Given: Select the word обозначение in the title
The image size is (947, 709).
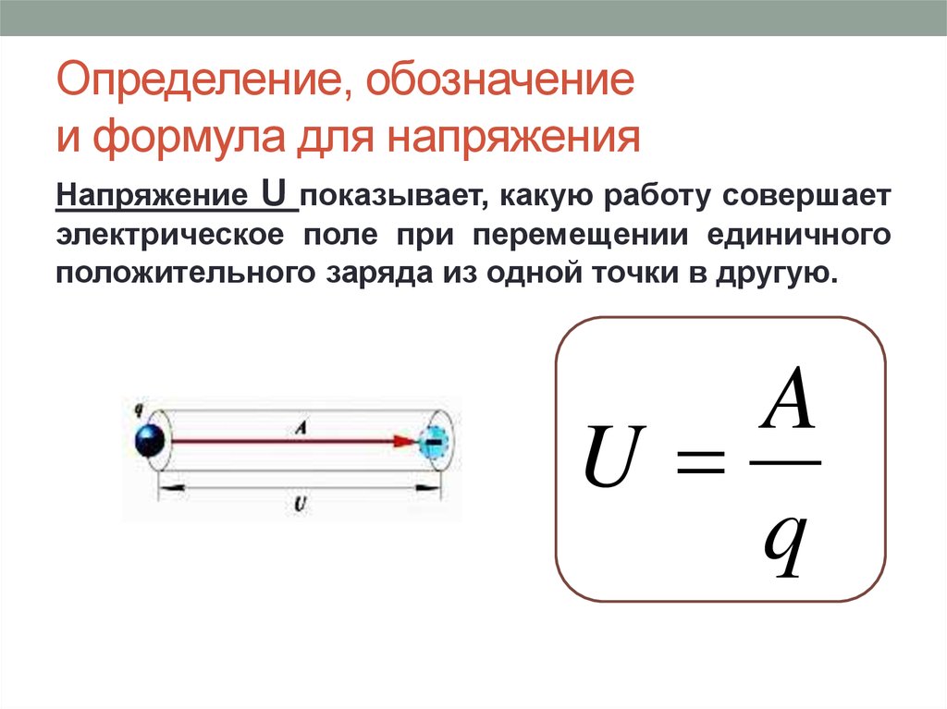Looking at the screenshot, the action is click(x=500, y=79).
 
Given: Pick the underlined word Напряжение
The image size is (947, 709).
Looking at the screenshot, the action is click(x=152, y=196).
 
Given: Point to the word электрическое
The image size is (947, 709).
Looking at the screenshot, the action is click(x=170, y=235).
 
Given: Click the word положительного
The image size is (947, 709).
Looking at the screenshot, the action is click(x=185, y=273).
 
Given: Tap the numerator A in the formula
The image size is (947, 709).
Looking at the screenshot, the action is click(x=787, y=397).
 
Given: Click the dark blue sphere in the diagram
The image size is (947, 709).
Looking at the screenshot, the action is click(x=149, y=440).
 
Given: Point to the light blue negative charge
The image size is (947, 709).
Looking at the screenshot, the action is click(x=433, y=443).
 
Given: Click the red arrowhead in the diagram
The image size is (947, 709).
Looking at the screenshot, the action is click(x=404, y=442).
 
